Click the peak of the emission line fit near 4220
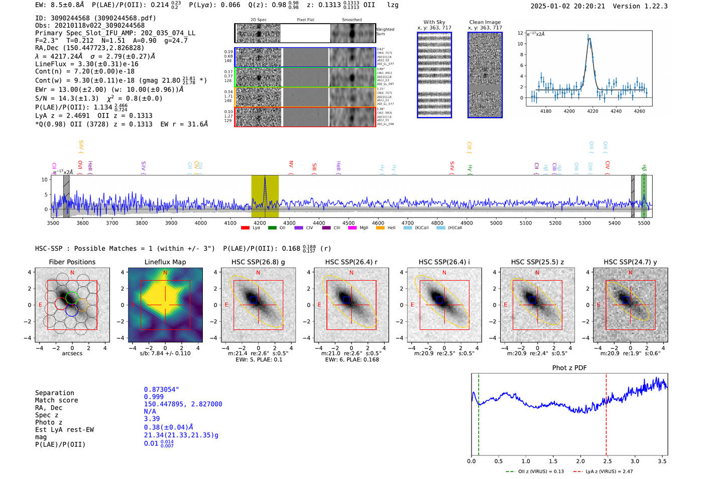click(589, 39)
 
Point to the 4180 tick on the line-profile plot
click(545, 111)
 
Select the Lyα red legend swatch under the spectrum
click(245, 228)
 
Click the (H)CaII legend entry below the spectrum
click(441, 228)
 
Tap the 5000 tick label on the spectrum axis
click(496, 223)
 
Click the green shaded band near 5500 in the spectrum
click(644, 196)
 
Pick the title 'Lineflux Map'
click(165, 262)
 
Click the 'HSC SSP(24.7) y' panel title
click(630, 262)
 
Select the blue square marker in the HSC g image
click(253, 300)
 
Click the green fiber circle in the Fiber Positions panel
click(72, 297)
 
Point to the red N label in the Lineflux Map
click(165, 273)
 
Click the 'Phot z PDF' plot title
click(569, 367)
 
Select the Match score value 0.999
click(154, 397)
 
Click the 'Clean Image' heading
click(485, 22)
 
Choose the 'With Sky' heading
click(434, 22)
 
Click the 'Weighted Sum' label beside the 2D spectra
click(385, 31)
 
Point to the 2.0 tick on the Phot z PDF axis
click(580, 461)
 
